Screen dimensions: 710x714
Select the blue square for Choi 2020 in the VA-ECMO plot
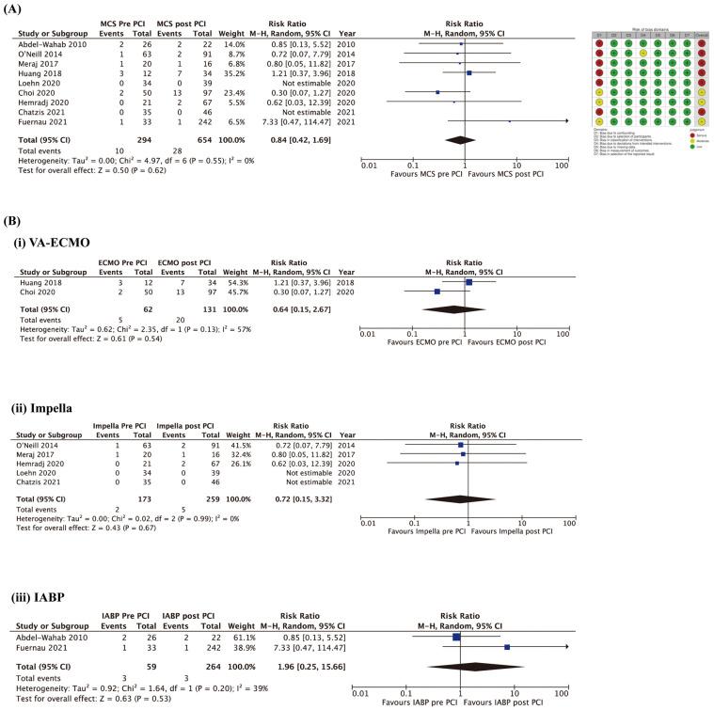[437, 292]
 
